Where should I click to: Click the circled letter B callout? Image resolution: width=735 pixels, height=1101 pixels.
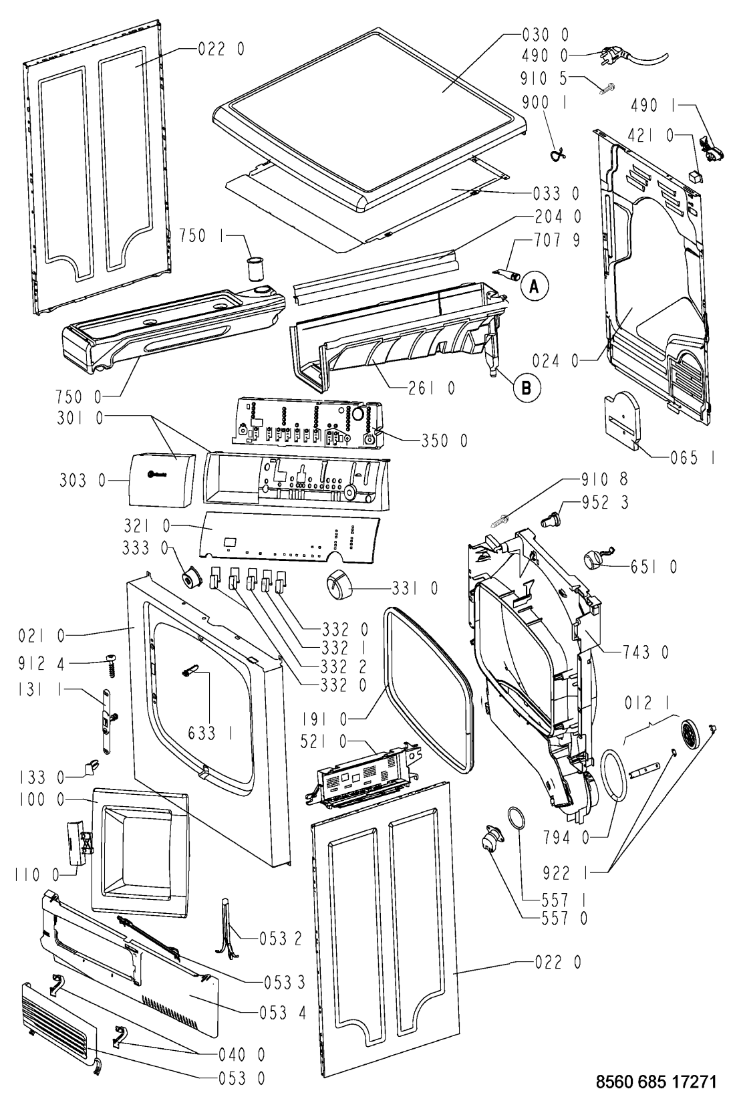pyautogui.click(x=527, y=386)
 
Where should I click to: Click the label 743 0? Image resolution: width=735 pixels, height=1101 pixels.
pyautogui.click(x=647, y=650)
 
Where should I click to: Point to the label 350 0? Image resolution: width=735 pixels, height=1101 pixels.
pyautogui.click(x=444, y=440)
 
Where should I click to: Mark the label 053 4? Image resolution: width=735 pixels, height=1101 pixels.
pyautogui.click(x=282, y=1012)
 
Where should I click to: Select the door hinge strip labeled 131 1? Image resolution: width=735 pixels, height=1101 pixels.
pyautogui.click(x=108, y=715)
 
